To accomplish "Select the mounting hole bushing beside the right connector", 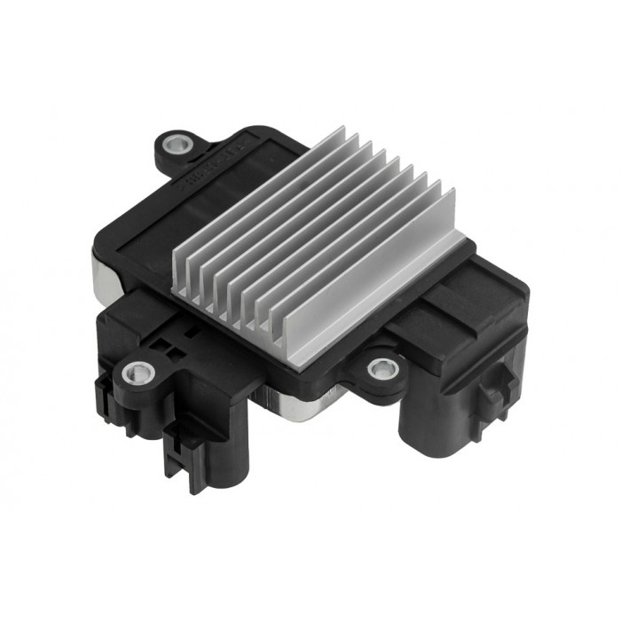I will pos(381,366).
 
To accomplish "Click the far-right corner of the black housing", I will pos(529,293).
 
